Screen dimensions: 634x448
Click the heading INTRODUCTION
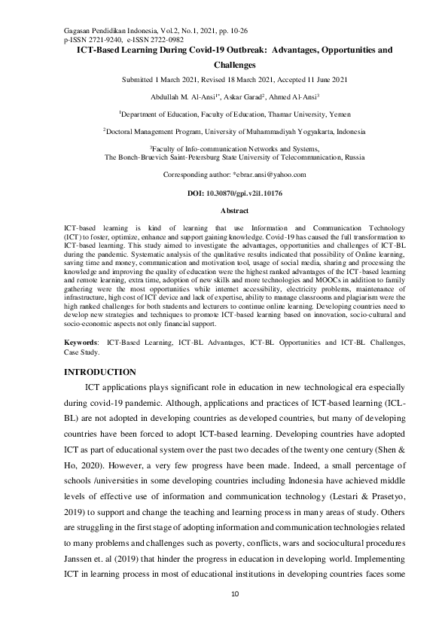point(100,372)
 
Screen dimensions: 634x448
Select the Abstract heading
point(224,211)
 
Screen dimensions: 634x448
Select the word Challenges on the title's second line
point(235,66)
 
